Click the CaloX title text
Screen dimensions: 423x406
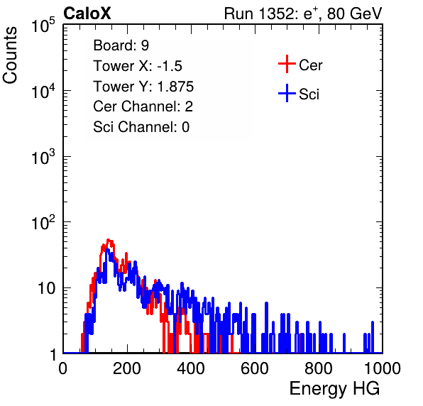coord(87,13)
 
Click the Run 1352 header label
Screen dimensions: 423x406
coord(303,13)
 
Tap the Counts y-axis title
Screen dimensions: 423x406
coord(10,55)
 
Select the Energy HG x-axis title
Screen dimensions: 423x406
coord(334,388)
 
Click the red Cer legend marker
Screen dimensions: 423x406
coord(287,64)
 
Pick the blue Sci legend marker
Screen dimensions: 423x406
coord(287,93)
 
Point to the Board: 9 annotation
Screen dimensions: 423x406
coord(121,45)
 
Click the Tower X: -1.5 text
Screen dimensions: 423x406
coord(138,66)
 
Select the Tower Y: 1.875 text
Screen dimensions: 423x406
coord(143,87)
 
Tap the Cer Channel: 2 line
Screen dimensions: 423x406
coord(143,106)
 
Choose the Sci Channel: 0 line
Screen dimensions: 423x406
coord(141,127)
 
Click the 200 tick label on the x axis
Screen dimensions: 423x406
coord(127,368)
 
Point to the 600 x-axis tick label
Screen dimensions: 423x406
coord(255,368)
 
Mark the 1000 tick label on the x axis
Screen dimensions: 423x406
coord(383,368)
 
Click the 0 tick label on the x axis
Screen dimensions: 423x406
coord(63,368)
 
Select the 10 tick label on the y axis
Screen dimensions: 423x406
coord(47,288)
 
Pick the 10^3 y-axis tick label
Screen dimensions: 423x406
coord(43,157)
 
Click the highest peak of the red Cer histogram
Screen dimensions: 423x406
coord(109,239)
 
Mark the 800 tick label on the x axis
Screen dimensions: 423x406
coord(319,368)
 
